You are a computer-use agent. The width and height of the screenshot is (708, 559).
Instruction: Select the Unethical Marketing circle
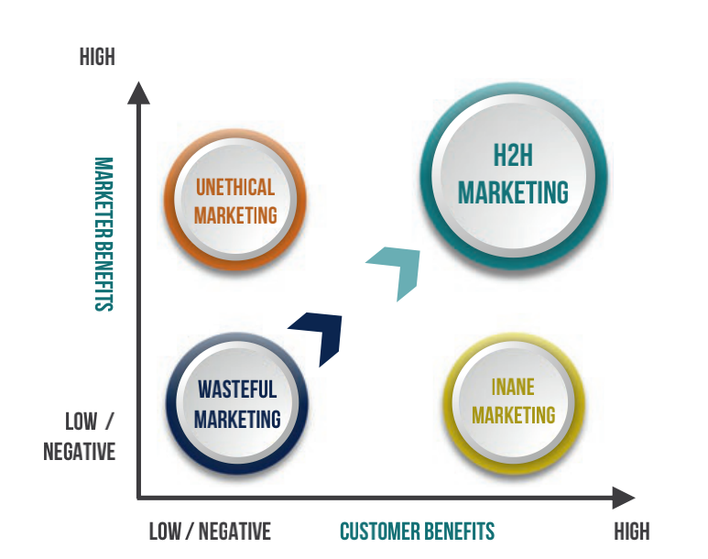(x=235, y=201)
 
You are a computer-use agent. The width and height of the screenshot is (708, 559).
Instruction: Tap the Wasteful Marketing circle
(x=236, y=403)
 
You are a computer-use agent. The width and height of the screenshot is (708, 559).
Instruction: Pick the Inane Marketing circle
(x=513, y=400)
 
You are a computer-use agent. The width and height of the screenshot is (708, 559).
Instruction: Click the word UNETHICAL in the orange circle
(x=235, y=188)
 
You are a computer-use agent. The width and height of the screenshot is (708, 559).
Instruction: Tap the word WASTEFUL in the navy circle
(x=236, y=389)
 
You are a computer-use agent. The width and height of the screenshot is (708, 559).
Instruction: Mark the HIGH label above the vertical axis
(x=97, y=57)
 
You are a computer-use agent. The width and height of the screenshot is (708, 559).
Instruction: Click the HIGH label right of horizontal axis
(x=632, y=532)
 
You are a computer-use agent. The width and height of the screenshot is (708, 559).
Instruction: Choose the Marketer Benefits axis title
(x=103, y=235)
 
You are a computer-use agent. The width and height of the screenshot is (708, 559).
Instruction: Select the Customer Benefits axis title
(x=417, y=532)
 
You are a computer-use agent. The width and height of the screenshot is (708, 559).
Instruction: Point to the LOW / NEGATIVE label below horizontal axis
(x=210, y=532)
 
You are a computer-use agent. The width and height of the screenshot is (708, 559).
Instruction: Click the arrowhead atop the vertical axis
(x=138, y=93)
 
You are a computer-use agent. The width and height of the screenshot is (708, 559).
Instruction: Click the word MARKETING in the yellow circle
(x=513, y=415)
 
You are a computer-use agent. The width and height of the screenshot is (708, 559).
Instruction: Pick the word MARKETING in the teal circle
(x=513, y=193)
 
